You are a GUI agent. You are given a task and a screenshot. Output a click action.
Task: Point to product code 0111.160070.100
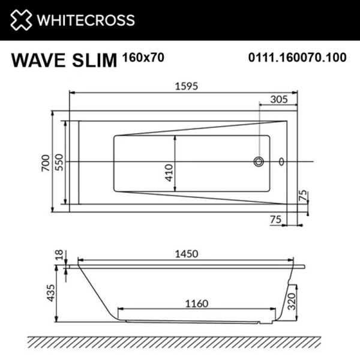(x=298, y=58)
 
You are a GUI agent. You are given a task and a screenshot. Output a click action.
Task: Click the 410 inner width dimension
(x=169, y=172)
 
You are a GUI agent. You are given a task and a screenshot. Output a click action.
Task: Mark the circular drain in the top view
(x=259, y=161)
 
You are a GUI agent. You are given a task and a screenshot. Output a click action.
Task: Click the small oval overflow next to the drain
(x=281, y=161)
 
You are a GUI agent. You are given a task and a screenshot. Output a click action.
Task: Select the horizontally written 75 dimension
(x=276, y=220)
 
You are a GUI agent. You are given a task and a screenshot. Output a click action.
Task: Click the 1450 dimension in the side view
(x=186, y=254)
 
